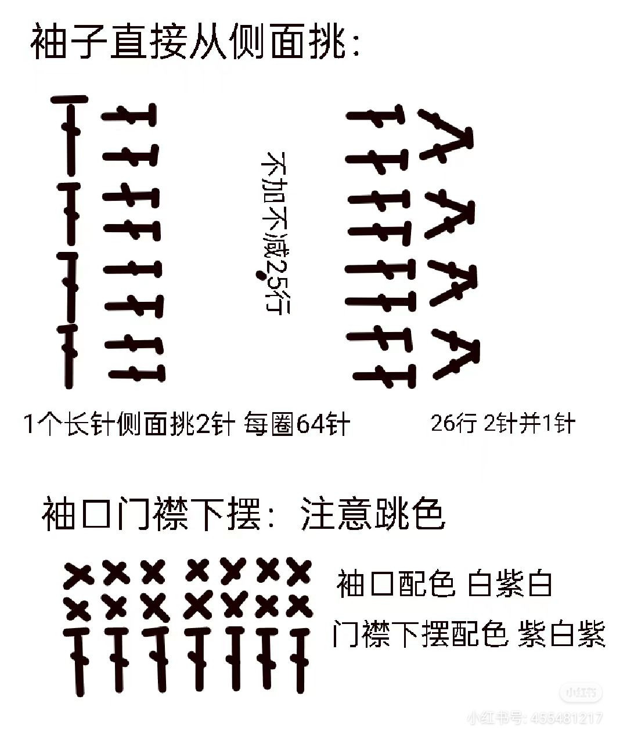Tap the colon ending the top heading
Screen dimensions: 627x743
(355, 45)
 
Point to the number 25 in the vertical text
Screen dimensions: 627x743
(277, 273)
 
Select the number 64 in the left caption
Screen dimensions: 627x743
(310, 424)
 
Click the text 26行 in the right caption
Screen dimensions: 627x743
(453, 424)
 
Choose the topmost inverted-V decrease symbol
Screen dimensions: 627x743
(446, 134)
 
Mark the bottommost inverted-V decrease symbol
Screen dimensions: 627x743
(456, 354)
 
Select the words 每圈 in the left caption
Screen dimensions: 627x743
(270, 424)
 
